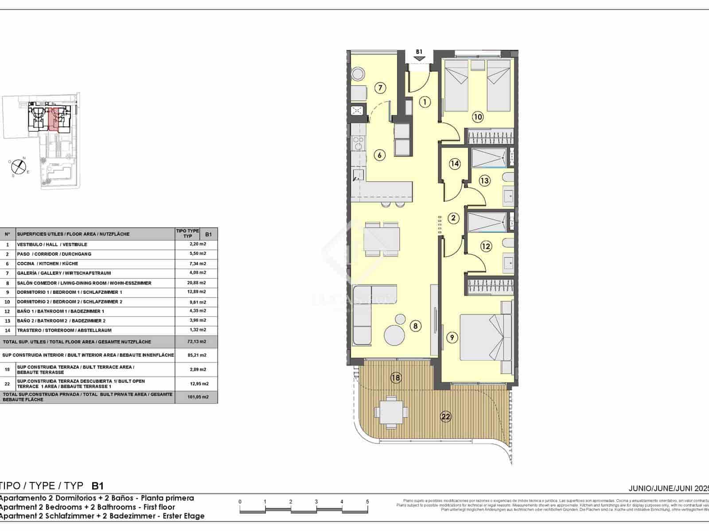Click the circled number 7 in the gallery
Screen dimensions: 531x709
(380, 88)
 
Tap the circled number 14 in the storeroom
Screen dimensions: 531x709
(455, 164)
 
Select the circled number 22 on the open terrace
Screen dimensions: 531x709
(446, 416)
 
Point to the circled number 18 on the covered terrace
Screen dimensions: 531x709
(396, 377)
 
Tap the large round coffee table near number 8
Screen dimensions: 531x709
(394, 335)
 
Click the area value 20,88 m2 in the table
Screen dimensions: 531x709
(196, 283)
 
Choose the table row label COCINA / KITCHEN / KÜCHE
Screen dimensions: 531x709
(47, 264)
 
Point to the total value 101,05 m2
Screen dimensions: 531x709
(198, 397)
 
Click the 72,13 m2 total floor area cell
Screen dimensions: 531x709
(196, 342)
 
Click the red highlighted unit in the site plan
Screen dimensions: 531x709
(53, 119)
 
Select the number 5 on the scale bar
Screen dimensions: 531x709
(367, 502)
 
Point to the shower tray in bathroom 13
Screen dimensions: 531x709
(488, 158)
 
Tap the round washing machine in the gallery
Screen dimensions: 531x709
(358, 73)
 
